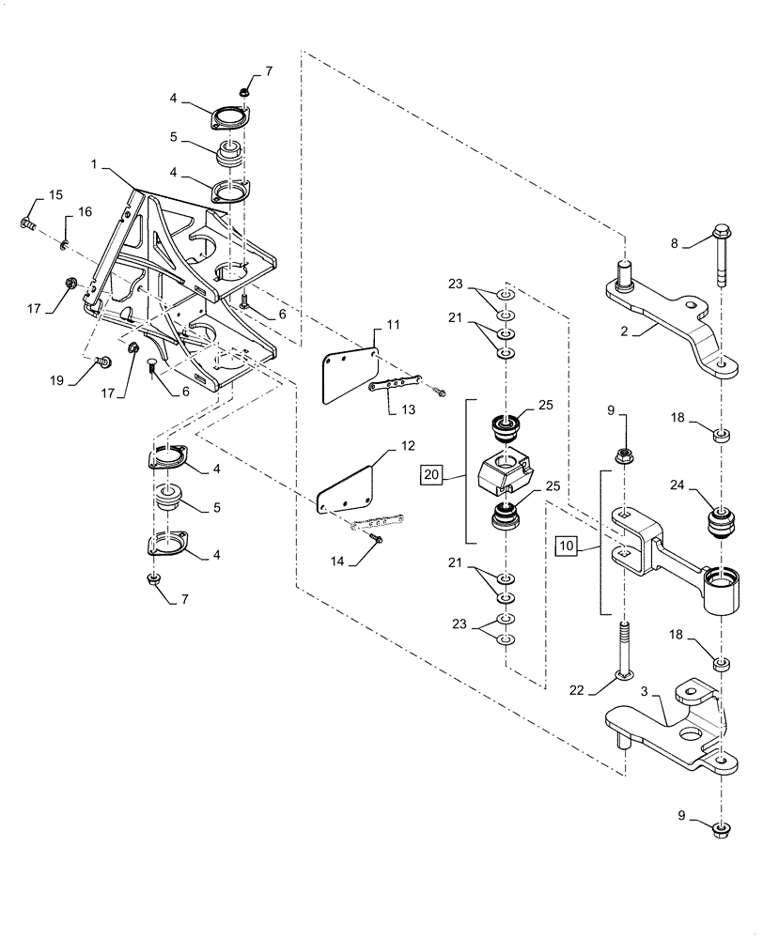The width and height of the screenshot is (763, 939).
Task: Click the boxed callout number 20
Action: tap(431, 476)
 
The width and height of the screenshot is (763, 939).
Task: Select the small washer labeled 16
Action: tap(63, 245)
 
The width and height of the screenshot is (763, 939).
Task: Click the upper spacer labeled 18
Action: tap(721, 434)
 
